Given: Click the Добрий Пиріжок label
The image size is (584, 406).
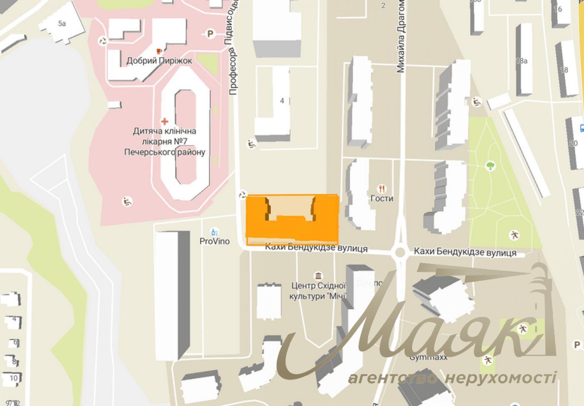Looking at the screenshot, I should tap(159, 61).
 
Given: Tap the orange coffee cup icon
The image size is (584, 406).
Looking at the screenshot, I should tap(159, 50).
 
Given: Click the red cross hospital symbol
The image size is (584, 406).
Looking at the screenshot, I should tap(165, 121).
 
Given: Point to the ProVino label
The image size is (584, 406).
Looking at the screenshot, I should tap(214, 241).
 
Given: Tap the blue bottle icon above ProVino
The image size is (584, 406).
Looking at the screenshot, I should tap(214, 232).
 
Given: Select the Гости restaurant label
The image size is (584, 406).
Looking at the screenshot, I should tap(382, 198).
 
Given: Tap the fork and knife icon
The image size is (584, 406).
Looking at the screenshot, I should tap(381, 188).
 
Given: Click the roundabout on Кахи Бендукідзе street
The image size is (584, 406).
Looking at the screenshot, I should tap(401, 252).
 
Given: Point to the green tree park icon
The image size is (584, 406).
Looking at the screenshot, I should tap(491, 166).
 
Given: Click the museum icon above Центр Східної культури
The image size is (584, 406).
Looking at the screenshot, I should tap(319, 276).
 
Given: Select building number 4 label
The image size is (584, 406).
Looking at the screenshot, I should tap(282, 100).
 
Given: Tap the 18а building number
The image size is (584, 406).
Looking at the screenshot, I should tap(521, 61).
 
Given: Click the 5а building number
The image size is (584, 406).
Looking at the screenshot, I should tap(62, 23).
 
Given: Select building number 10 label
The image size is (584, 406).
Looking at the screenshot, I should tap(14, 378).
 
